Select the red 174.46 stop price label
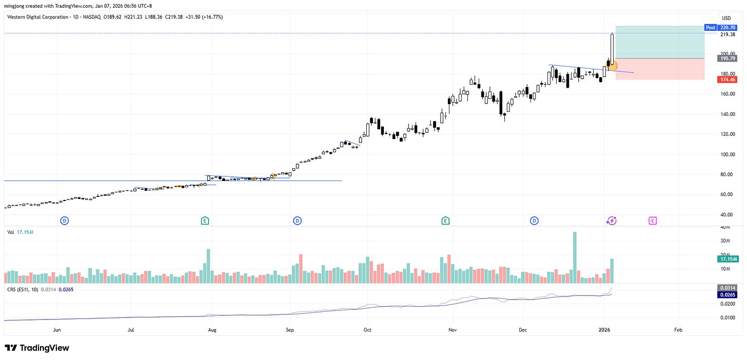(x=728, y=79)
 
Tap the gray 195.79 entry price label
(x=728, y=58)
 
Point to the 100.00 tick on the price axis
(x=726, y=154)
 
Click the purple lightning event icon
(x=611, y=221)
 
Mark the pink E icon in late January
(x=652, y=221)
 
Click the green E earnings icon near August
(x=205, y=221)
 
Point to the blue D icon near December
(x=534, y=221)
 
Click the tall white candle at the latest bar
(x=613, y=49)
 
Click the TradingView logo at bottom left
(x=37, y=348)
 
